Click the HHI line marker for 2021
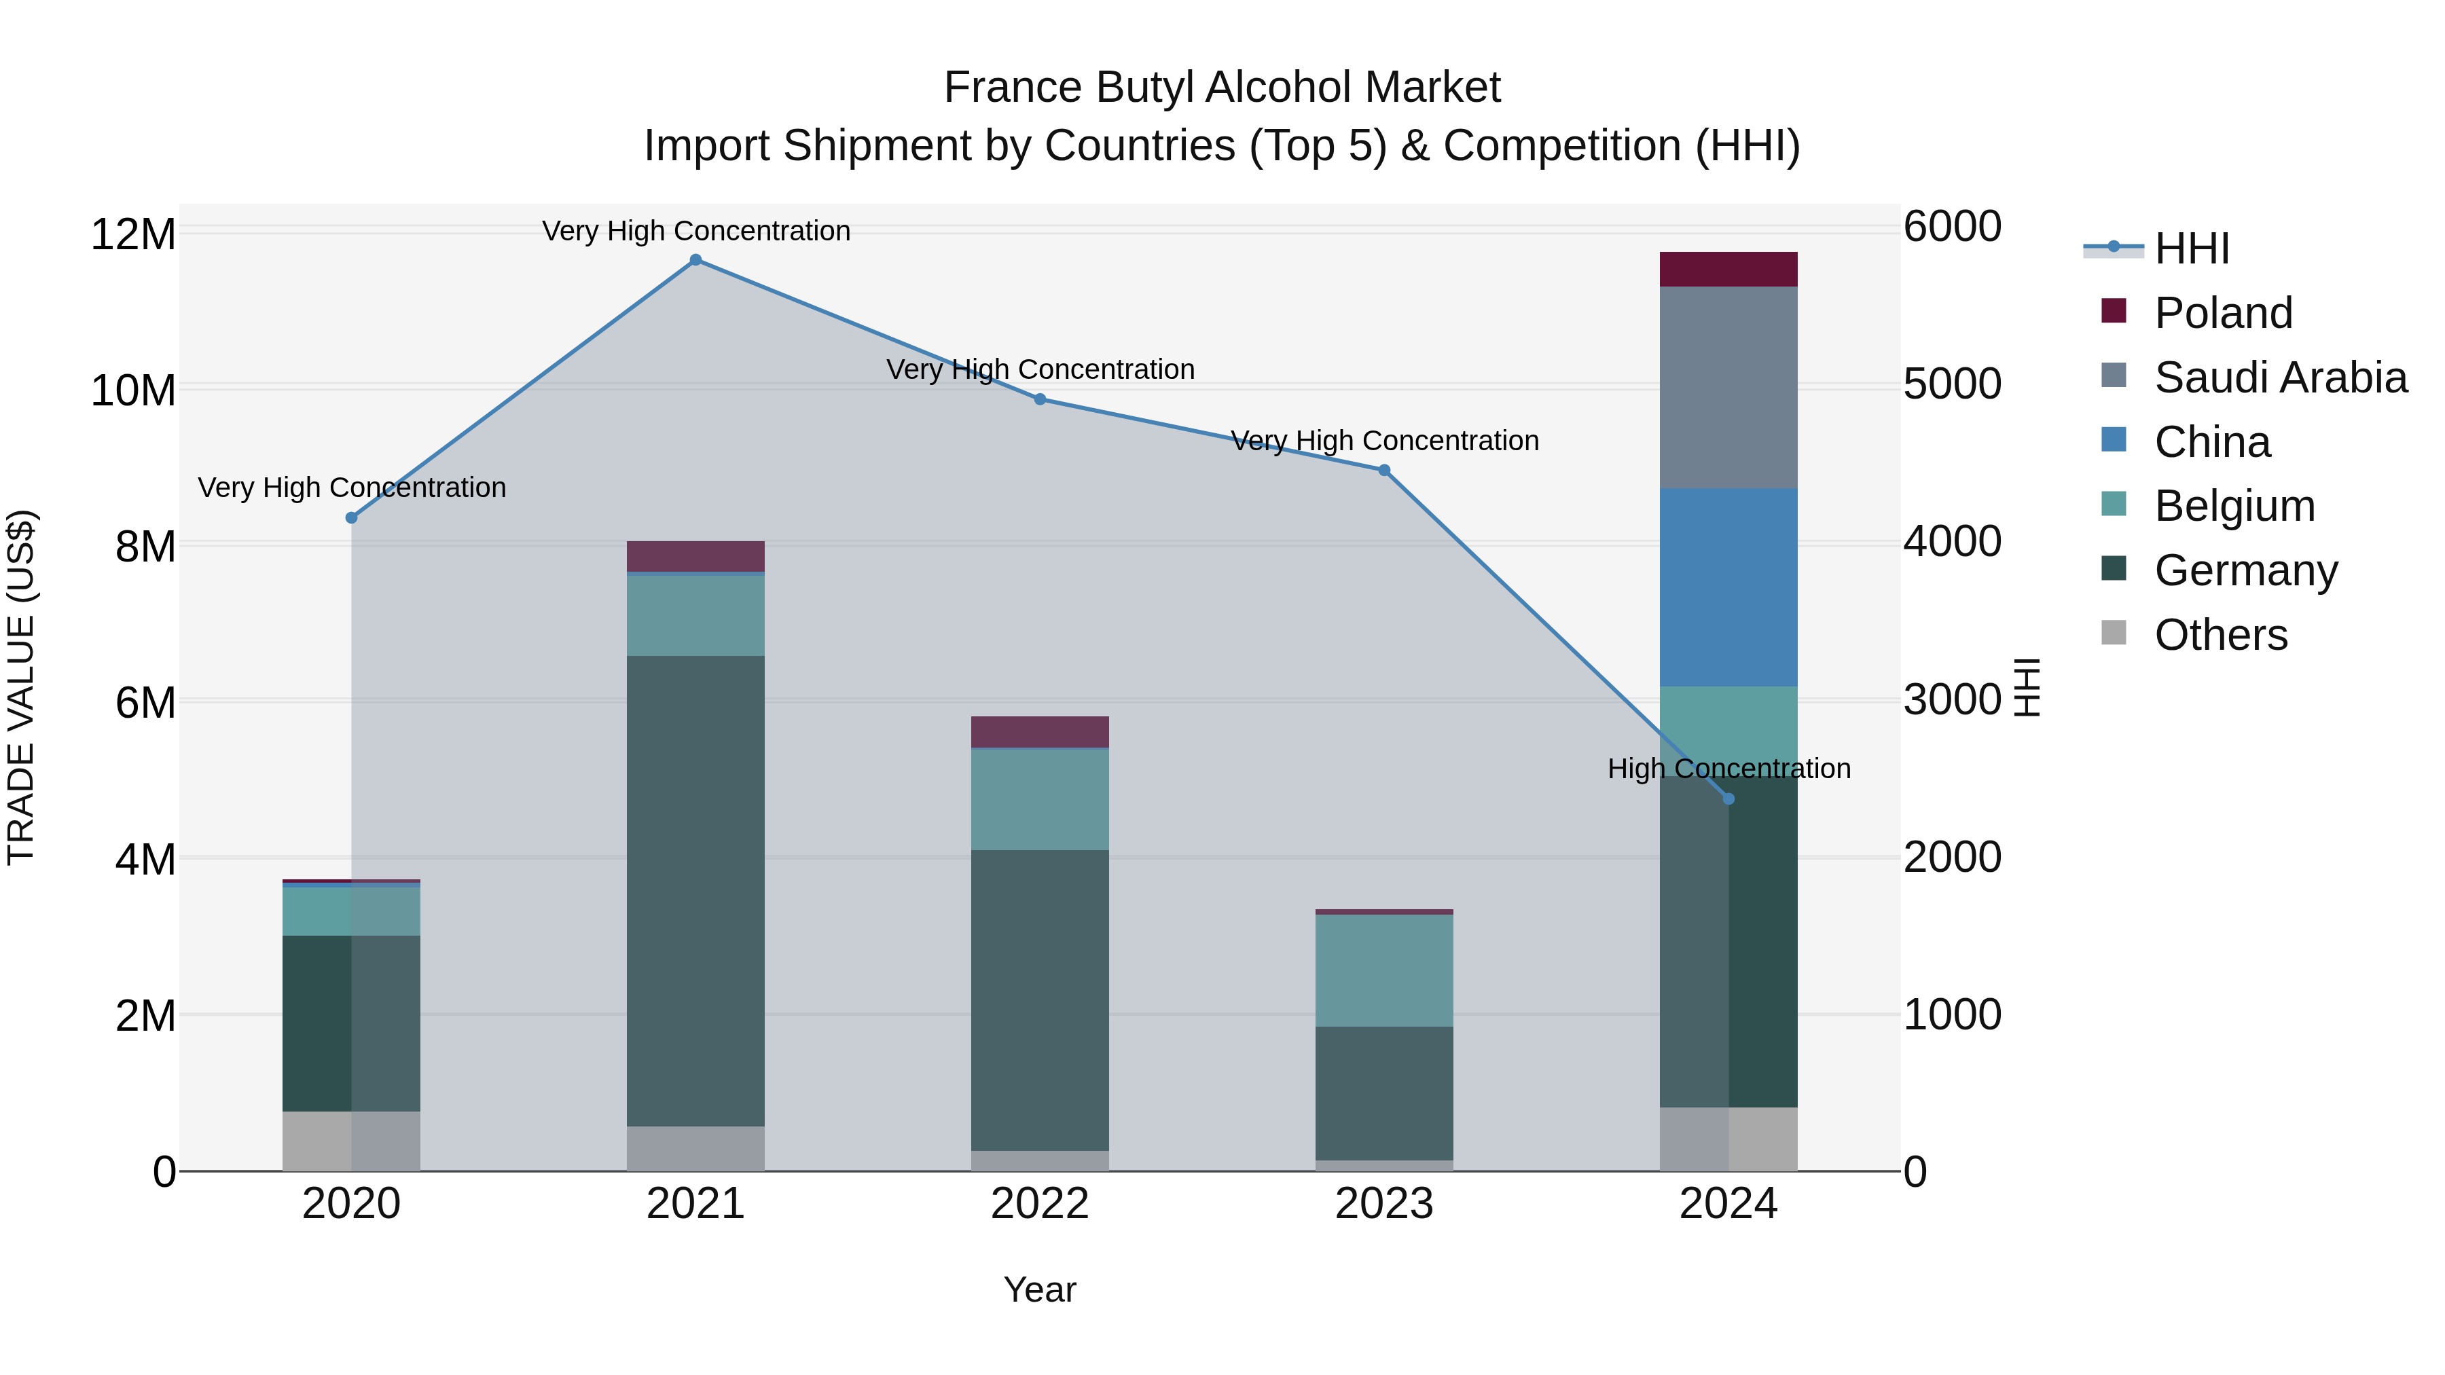pos(695,260)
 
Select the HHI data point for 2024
pos(1728,799)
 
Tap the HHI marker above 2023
pos(1384,471)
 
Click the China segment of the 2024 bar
pos(1728,587)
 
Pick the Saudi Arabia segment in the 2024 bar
pos(1728,387)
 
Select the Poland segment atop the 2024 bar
pos(1728,270)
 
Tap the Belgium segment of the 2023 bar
pos(1384,971)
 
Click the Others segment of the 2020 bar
pos(351,1141)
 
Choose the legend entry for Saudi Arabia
pos(2281,378)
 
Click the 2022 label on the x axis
pos(1039,1204)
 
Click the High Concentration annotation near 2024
pos(1728,769)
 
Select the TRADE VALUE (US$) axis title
pos(21,687)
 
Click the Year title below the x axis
pos(1039,1289)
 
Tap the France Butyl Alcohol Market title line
pos(1222,88)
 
